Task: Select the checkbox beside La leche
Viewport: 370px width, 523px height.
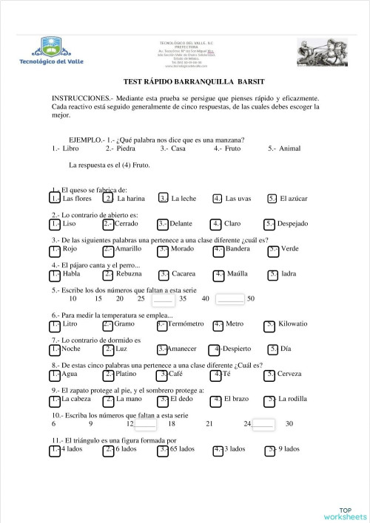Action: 164,198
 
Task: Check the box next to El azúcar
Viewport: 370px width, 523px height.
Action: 272,198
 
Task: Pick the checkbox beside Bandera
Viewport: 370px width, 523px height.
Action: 218,249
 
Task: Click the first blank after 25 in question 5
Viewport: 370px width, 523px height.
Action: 161,299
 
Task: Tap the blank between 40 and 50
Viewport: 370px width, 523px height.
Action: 231,299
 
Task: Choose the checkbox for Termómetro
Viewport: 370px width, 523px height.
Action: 162,324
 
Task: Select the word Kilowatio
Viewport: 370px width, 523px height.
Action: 294,324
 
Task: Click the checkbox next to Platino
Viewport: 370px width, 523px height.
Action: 109,375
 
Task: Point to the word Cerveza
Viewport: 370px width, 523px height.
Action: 289,375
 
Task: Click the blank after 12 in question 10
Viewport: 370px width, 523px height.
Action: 146,424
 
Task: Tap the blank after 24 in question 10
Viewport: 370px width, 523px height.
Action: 263,424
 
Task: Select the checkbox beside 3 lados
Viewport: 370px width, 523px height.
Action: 218,449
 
